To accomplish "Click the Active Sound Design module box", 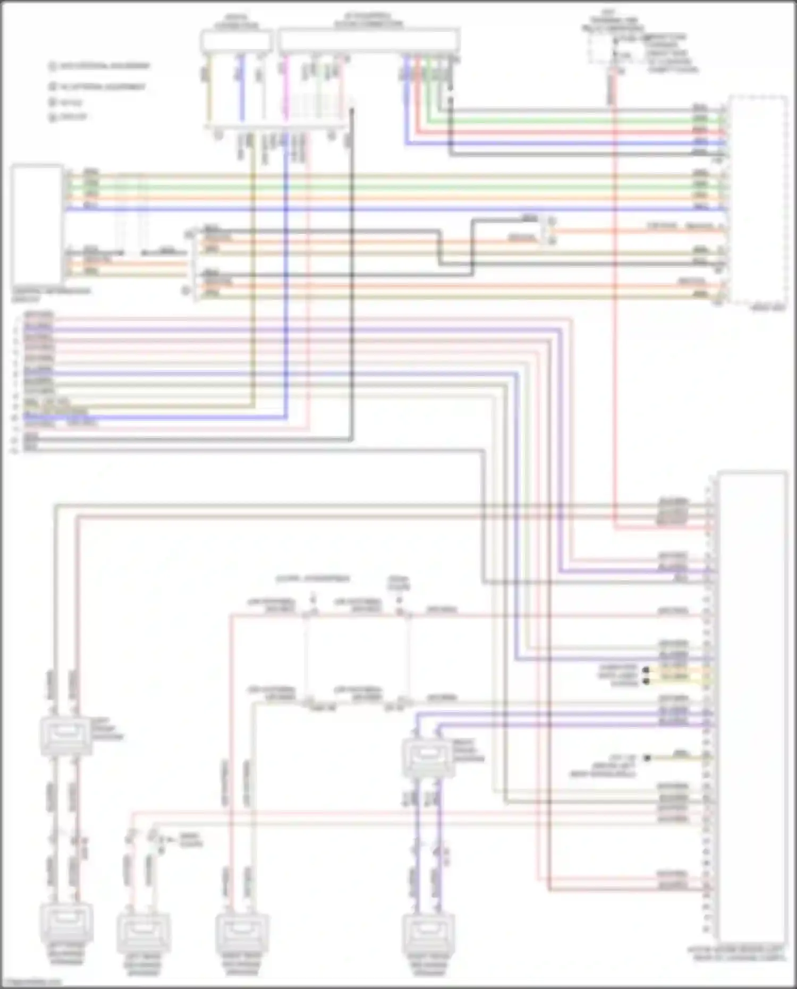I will (752, 707).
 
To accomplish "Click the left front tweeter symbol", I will (66, 736).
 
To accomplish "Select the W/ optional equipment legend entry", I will (98, 86).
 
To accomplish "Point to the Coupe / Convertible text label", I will (313, 578).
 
